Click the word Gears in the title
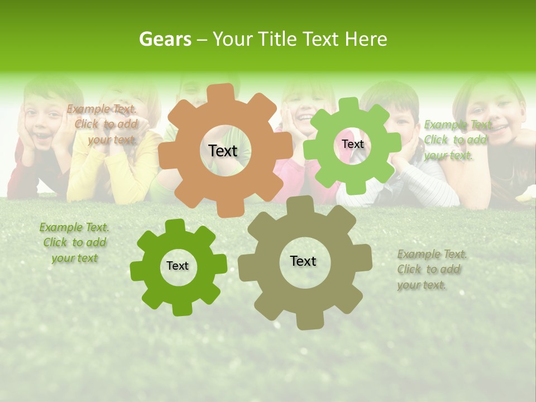click(x=165, y=39)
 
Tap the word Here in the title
click(x=366, y=39)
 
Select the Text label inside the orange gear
click(x=223, y=151)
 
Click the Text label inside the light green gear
click(x=352, y=144)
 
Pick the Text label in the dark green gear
click(x=178, y=266)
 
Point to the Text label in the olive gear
click(x=303, y=261)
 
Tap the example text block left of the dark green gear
click(x=74, y=243)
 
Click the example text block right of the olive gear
click(x=431, y=270)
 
